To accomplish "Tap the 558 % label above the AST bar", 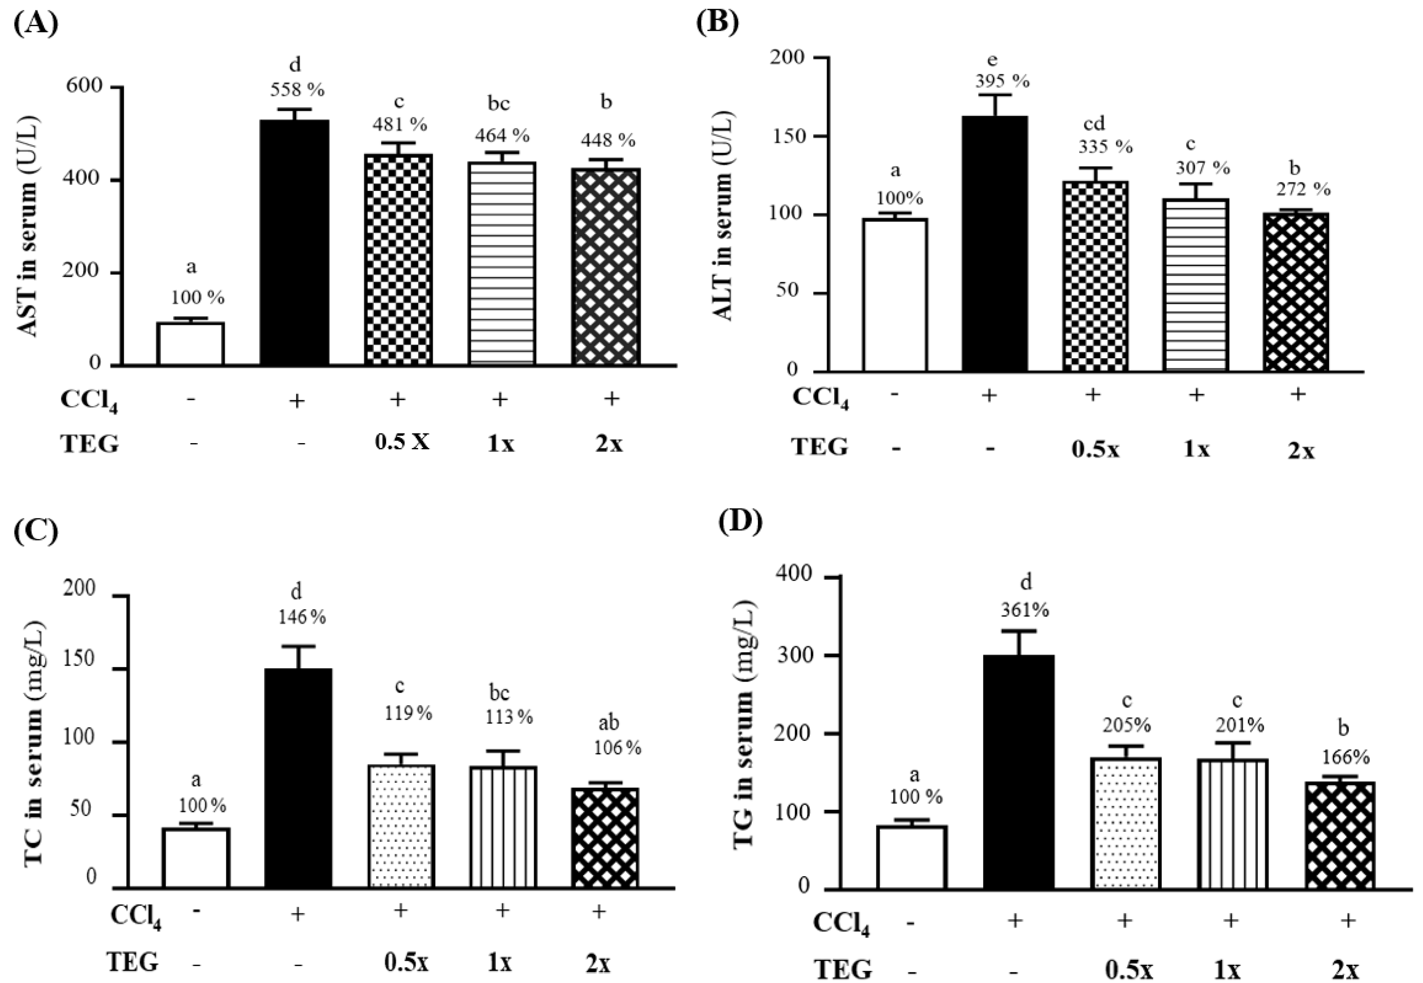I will tap(297, 90).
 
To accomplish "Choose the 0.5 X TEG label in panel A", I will tap(401, 442).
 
